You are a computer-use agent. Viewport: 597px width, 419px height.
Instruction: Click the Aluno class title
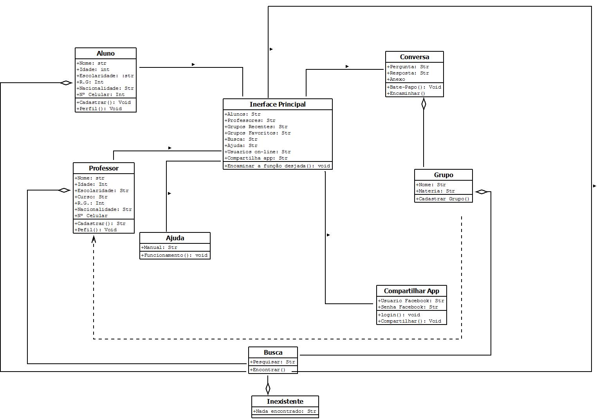[106, 53]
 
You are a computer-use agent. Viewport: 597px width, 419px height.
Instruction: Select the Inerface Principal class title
[278, 104]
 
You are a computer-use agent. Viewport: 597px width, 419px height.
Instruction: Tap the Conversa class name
[414, 57]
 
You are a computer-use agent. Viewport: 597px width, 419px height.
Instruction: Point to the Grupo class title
[444, 175]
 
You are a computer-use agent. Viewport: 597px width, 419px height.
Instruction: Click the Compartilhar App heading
[411, 291]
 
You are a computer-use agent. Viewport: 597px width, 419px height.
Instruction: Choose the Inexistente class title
[285, 401]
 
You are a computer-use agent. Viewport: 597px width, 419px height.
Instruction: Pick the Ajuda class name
[175, 238]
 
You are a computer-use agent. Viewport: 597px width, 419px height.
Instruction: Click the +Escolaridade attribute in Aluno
[105, 76]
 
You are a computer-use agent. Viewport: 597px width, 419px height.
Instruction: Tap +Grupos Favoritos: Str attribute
[258, 133]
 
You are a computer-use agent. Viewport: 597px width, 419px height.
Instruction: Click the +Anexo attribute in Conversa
[396, 79]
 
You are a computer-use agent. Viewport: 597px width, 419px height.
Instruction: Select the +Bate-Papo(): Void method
[414, 87]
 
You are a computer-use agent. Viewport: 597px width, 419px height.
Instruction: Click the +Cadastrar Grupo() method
[443, 199]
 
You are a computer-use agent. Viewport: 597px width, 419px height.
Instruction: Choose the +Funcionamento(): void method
[175, 255]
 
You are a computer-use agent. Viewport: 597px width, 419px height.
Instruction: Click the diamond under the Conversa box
[424, 104]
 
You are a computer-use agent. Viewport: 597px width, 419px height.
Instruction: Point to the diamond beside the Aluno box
[66, 83]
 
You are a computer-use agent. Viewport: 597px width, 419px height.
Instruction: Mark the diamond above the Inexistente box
[268, 389]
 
